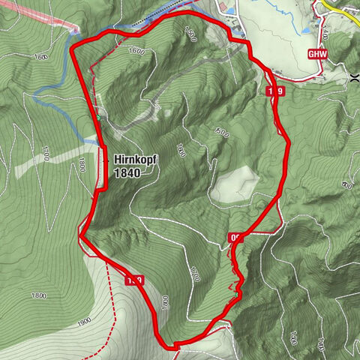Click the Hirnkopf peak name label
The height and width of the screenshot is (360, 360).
pyautogui.click(x=133, y=160)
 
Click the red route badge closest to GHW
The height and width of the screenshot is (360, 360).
pyautogui.click(x=276, y=91)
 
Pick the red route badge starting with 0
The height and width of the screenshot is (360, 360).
pyautogui.click(x=236, y=238)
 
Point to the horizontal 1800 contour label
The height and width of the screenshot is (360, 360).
pyautogui.click(x=40, y=295)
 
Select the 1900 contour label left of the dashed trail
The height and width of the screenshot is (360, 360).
pyautogui.click(x=83, y=322)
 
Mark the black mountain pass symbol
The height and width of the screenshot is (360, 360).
pyautogui.click(x=354, y=76)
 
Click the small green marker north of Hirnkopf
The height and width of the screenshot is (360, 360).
pyautogui.click(x=98, y=118)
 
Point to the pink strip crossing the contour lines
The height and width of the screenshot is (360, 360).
pyautogui.click(x=37, y=15)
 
